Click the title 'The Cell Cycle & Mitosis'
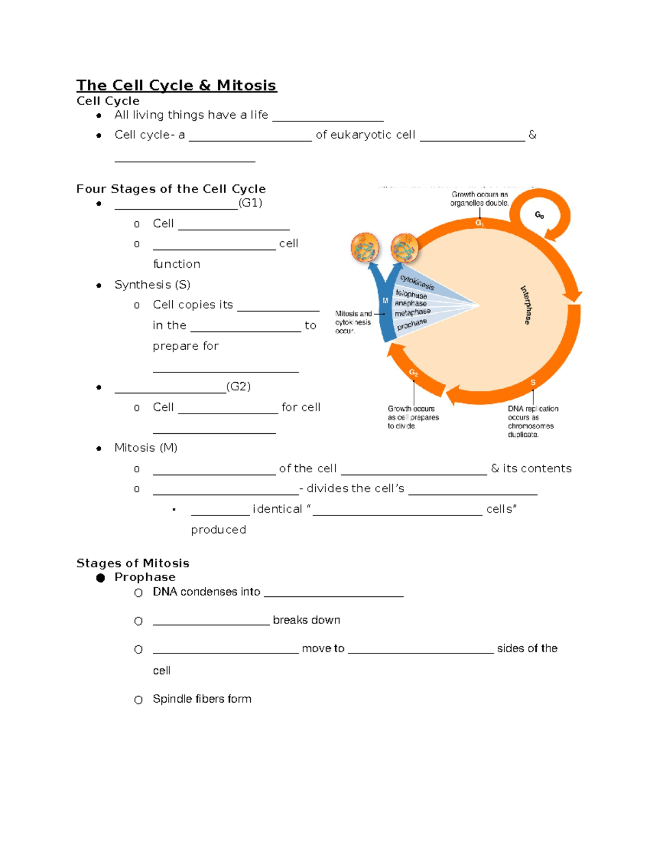tap(176, 85)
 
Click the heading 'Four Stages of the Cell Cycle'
tap(171, 189)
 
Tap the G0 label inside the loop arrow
tap(539, 215)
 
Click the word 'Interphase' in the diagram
tap(525, 305)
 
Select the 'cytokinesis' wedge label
tap(417, 282)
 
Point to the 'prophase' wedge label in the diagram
tap(412, 324)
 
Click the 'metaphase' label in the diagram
tap(412, 313)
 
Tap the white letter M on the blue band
tap(385, 301)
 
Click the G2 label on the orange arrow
tap(413, 372)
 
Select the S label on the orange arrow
tap(533, 383)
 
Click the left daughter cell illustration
tap(365, 248)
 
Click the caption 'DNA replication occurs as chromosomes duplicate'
tap(531, 421)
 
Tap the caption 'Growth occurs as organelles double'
tap(479, 198)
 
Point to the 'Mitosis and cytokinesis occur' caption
tap(353, 322)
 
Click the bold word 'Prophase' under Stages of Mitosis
tap(145, 577)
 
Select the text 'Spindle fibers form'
tap(201, 699)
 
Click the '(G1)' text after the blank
tap(250, 203)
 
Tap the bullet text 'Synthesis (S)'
tap(152, 285)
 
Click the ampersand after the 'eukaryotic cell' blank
tap(532, 134)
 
